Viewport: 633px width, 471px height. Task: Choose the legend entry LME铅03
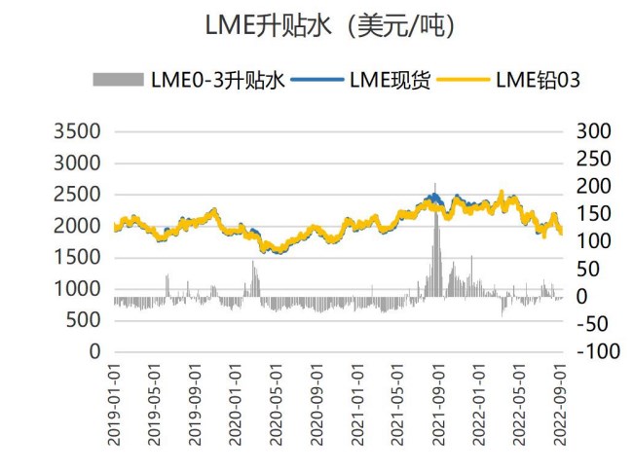pos(538,80)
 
